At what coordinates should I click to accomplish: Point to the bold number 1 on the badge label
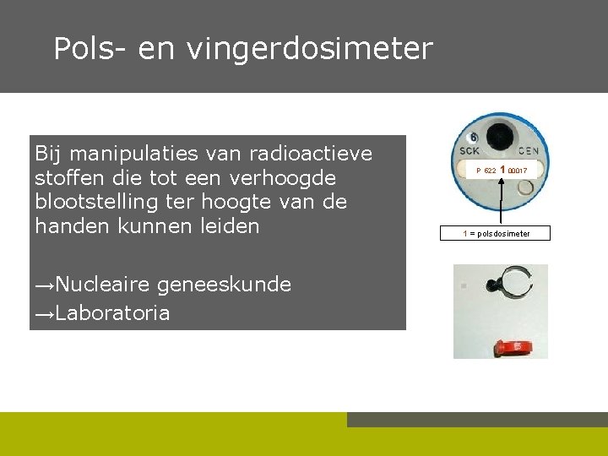pyautogui.click(x=503, y=169)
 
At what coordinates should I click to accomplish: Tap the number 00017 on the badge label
pyautogui.click(x=518, y=171)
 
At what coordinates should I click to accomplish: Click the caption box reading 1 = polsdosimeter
pyautogui.click(x=496, y=233)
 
